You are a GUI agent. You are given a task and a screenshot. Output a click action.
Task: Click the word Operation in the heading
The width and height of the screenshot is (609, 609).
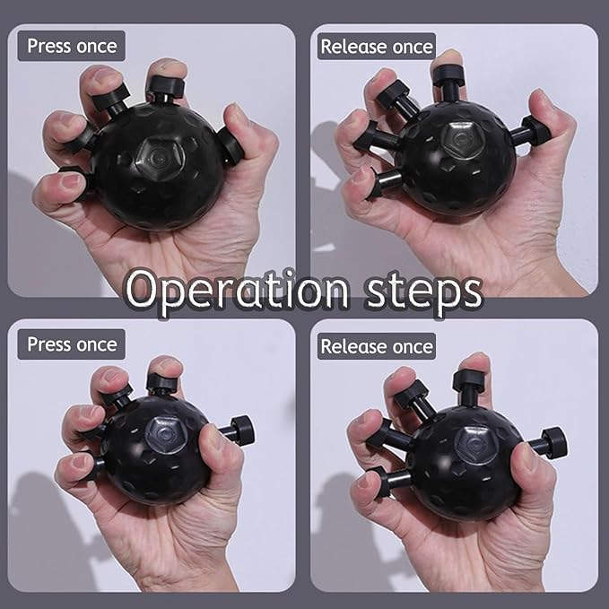(x=237, y=291)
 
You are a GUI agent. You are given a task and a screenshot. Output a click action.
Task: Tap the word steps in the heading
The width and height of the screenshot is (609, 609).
(x=424, y=292)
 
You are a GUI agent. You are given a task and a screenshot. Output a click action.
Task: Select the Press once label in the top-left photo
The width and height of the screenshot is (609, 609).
(x=72, y=46)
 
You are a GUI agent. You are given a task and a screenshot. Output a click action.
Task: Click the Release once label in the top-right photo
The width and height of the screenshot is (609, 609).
(x=377, y=47)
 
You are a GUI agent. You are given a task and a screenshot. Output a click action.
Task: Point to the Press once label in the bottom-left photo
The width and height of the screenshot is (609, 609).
(x=72, y=344)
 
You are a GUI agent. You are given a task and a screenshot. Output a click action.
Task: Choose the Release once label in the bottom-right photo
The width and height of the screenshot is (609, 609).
(x=377, y=346)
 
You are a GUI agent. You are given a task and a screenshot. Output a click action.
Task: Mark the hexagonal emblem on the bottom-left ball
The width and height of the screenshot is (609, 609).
(x=168, y=434)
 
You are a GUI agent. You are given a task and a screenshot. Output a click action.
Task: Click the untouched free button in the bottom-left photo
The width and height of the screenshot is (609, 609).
(x=238, y=430)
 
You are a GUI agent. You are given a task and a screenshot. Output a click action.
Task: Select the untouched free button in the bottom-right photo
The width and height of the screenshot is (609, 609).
(x=548, y=443)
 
